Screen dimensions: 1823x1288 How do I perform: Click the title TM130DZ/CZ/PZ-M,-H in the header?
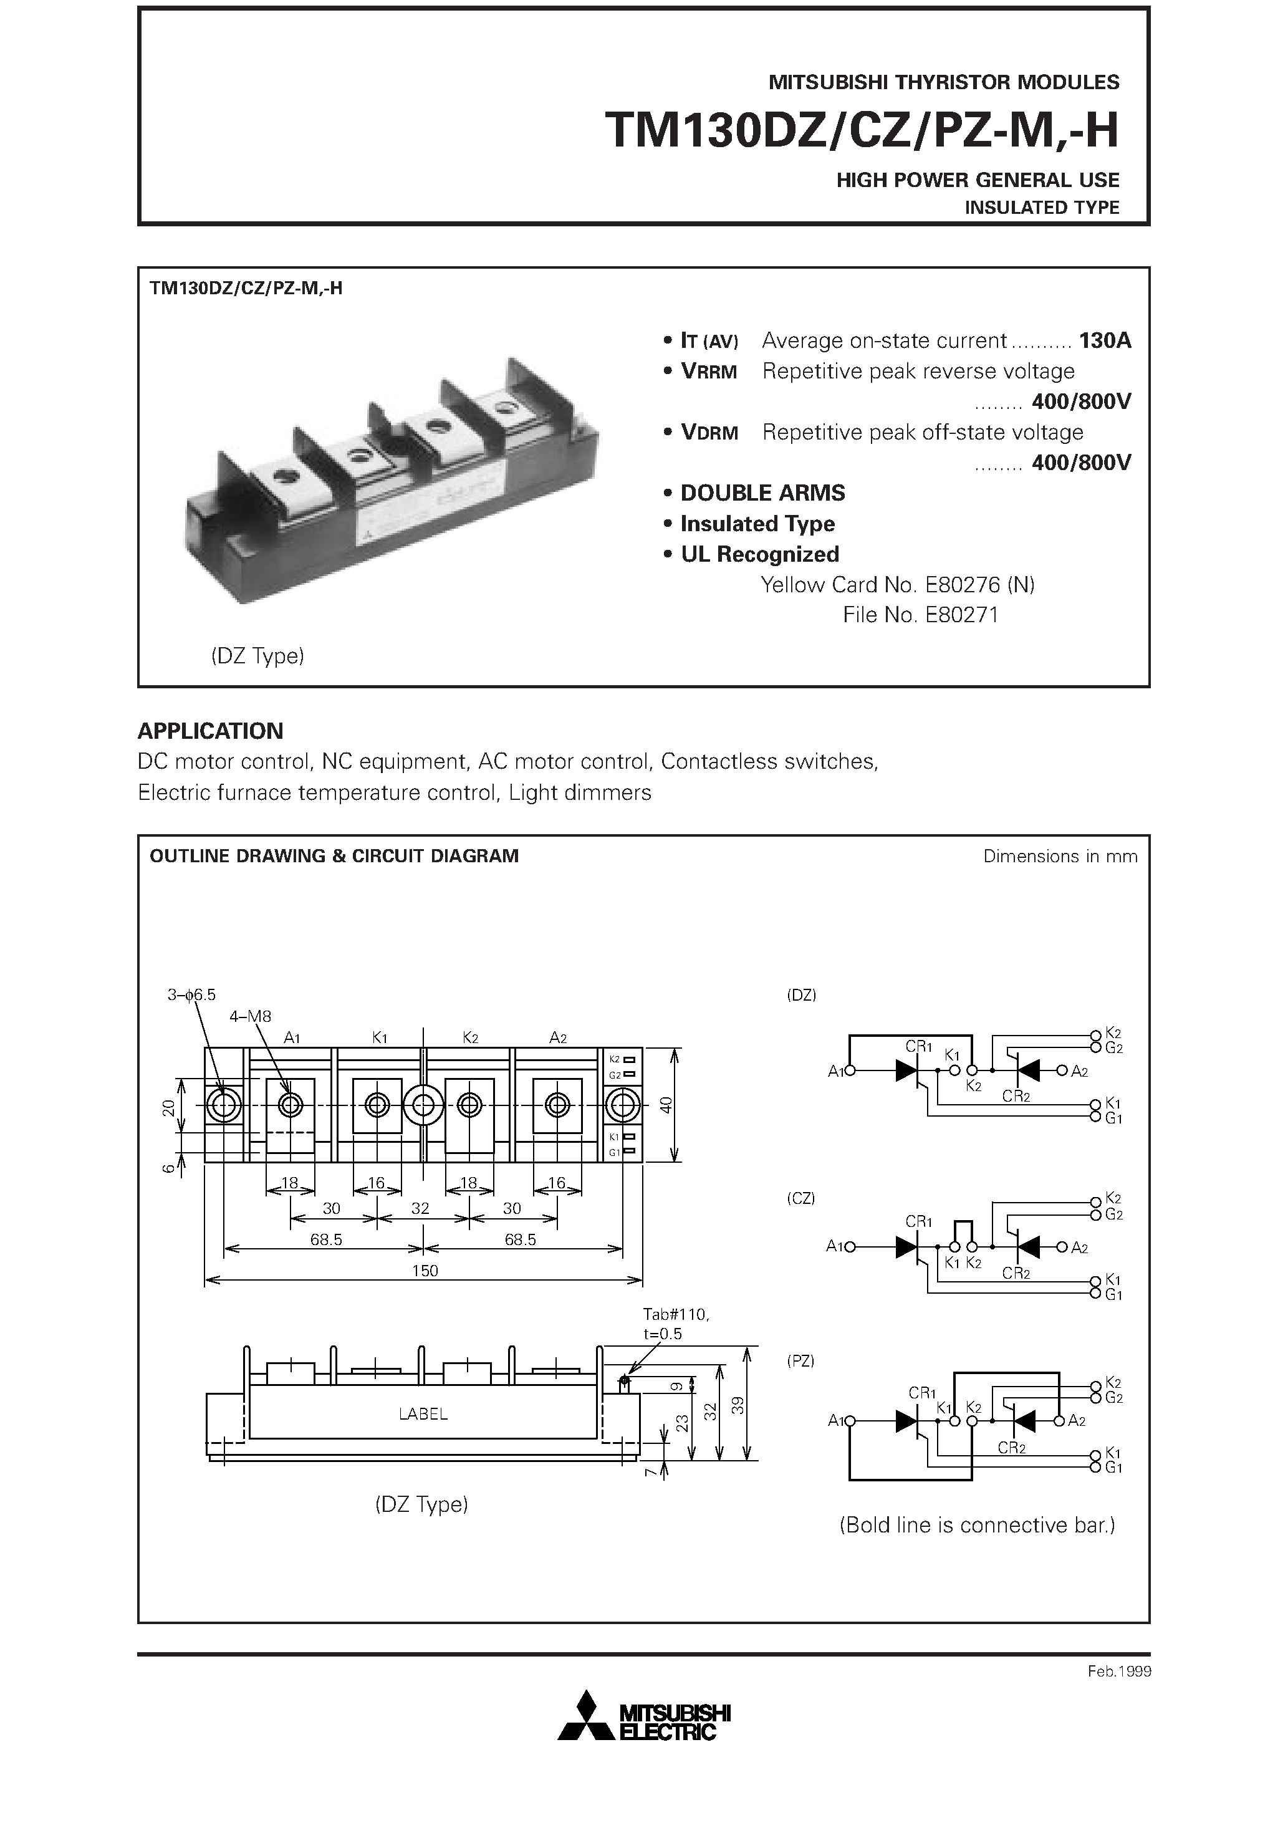[861, 130]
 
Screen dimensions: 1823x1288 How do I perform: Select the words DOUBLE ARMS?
[762, 493]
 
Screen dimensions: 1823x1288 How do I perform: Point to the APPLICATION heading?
[211, 731]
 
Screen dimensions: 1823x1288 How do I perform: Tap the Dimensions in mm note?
[1059, 856]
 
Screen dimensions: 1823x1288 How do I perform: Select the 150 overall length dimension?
[425, 1271]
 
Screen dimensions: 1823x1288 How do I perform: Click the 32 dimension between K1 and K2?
[420, 1208]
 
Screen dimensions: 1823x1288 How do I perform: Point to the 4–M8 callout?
[250, 1016]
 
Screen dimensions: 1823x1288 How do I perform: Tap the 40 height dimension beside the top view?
[666, 1104]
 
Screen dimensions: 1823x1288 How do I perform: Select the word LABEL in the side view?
[423, 1414]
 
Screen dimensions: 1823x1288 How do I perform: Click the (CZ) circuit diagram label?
[800, 1198]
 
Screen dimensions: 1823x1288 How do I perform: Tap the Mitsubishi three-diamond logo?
[586, 1718]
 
